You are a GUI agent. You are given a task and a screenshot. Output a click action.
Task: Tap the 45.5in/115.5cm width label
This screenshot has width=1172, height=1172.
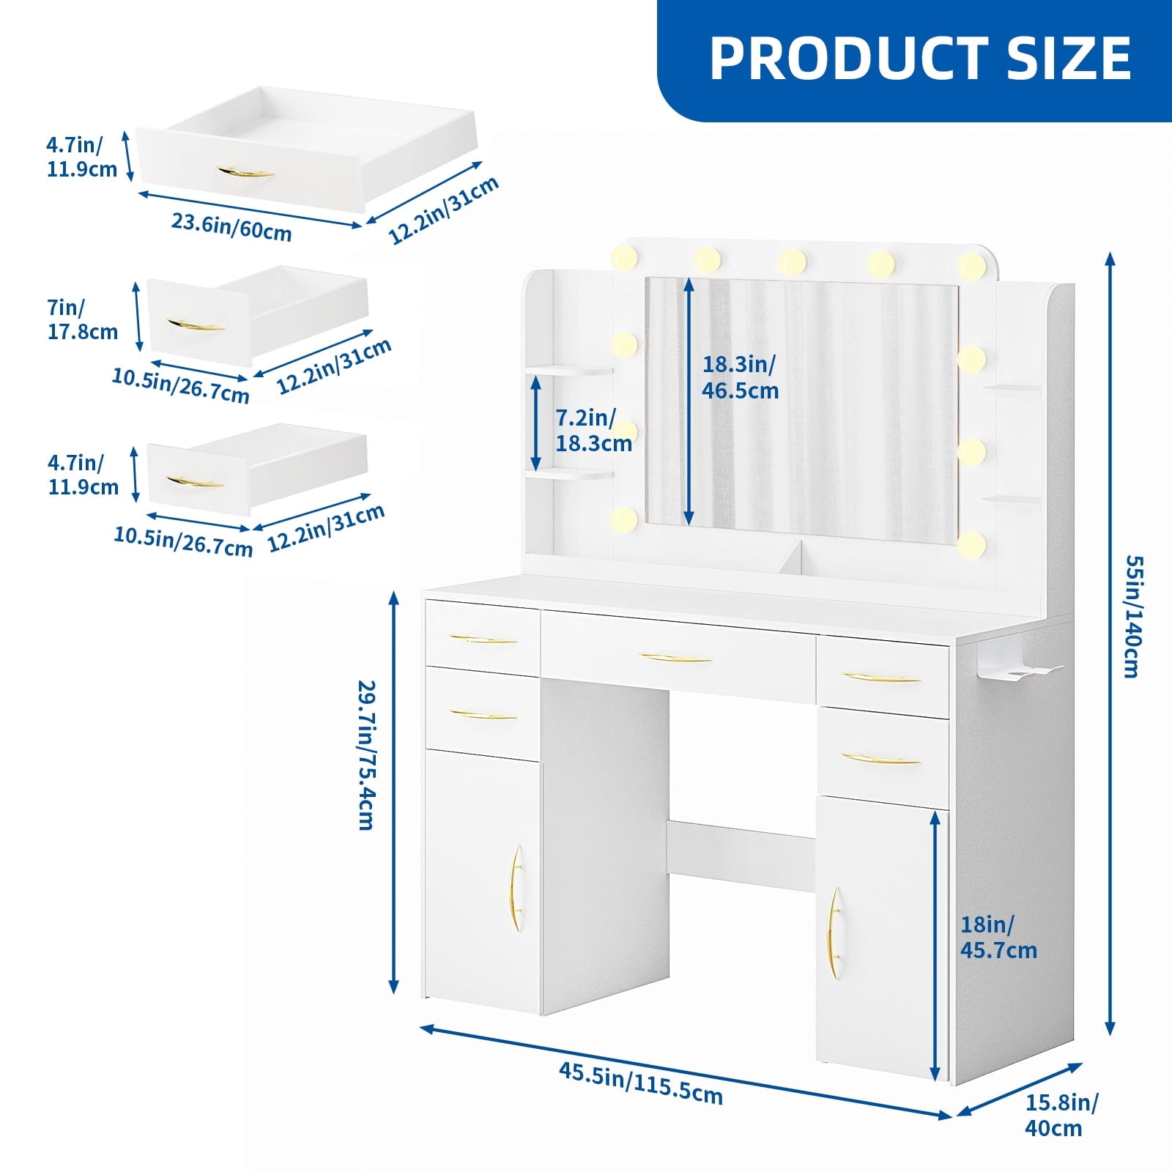(641, 1083)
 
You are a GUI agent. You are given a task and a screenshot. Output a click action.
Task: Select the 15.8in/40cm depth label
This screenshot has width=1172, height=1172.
(1061, 1115)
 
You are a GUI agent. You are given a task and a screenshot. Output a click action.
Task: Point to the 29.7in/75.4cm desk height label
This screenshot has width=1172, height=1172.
(367, 754)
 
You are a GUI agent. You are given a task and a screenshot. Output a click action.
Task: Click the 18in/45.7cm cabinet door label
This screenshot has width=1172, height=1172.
(998, 938)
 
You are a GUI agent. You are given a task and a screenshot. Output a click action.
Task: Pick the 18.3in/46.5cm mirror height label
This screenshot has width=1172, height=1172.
(740, 377)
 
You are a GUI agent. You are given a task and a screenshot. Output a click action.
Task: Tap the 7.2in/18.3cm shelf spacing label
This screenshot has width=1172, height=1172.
(593, 431)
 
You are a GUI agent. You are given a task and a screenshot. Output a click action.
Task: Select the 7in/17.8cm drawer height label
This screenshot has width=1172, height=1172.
(82, 319)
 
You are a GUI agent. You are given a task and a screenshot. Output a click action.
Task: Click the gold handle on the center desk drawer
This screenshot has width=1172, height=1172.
(675, 658)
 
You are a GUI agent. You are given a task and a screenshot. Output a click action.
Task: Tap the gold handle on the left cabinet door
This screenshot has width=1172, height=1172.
(516, 888)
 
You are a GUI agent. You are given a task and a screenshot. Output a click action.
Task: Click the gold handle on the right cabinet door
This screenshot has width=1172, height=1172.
(834, 932)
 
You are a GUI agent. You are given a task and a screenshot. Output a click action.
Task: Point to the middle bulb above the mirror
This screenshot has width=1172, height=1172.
(793, 261)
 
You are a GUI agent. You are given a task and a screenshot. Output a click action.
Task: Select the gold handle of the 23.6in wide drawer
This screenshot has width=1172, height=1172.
(245, 173)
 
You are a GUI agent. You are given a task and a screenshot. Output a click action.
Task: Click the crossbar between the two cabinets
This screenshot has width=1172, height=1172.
(741, 855)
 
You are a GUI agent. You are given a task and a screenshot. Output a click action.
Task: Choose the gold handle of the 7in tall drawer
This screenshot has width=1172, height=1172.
(195, 324)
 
